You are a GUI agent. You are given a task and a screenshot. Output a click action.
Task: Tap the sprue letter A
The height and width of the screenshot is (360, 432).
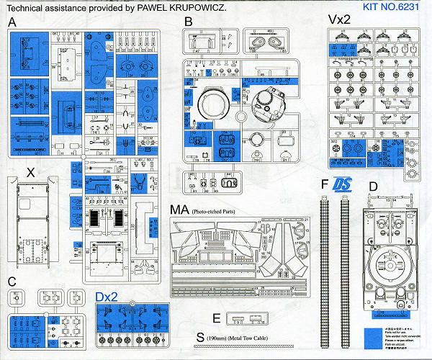point(12,23)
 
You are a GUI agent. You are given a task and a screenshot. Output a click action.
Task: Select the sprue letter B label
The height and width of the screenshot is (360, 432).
point(189,22)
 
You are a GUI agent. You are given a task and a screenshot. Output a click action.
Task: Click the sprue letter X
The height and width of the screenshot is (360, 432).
point(30,172)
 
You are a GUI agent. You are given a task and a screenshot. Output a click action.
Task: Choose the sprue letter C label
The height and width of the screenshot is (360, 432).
point(12,281)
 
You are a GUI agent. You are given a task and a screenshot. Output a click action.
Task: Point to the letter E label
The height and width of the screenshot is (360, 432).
point(217,318)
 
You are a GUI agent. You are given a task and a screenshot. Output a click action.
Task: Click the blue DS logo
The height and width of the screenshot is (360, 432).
point(346,184)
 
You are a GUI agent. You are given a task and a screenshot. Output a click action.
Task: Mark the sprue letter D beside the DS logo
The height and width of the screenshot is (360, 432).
point(372,187)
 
